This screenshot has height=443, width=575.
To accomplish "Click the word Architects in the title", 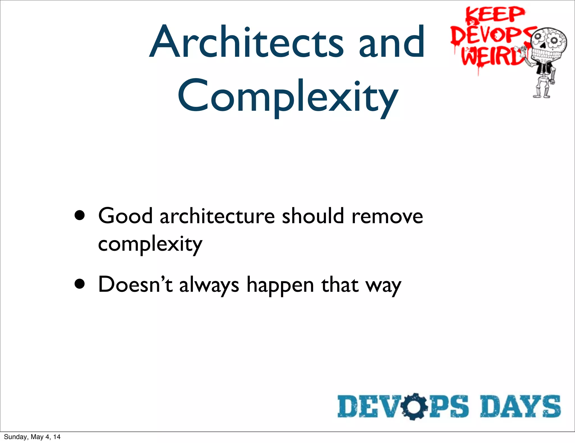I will [x=246, y=42].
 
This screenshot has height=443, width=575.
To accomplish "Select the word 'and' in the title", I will [x=392, y=42].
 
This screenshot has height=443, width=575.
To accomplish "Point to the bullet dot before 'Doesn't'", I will [x=80, y=284].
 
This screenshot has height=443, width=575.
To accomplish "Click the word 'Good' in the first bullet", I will [x=125, y=216].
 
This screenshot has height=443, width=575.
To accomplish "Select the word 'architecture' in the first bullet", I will [x=217, y=216].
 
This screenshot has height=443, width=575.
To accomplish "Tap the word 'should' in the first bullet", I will [x=313, y=216].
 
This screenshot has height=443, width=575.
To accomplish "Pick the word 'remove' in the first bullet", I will [x=387, y=216].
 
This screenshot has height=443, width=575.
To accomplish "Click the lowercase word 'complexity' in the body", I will [x=150, y=244].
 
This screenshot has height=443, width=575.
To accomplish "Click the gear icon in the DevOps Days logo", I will [x=414, y=406].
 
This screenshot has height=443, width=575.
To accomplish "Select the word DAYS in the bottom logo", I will [x=520, y=406].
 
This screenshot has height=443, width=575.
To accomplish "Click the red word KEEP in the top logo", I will [x=495, y=15].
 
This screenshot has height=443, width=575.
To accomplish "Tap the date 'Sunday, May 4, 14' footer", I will [x=32, y=437].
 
